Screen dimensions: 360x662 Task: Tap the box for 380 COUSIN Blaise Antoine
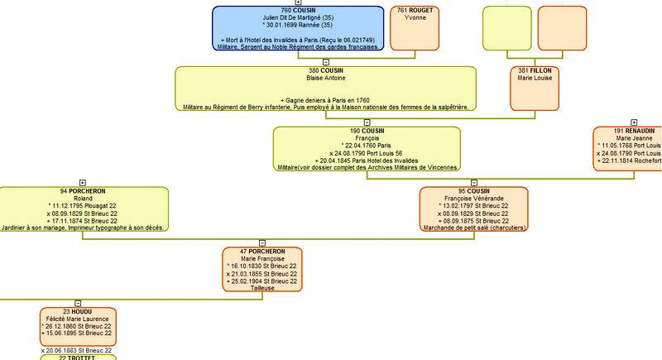pos(325,89)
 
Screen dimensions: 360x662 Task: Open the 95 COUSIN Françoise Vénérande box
pos(473,209)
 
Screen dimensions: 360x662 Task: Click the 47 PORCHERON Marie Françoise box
pos(262,268)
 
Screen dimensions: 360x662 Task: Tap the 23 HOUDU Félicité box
pos(78,328)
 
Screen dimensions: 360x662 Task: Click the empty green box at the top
pos(506,27)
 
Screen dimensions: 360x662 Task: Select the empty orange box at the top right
pos(562,27)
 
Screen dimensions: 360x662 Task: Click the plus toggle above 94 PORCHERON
pos(82,182)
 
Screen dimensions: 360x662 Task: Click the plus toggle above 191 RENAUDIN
pos(634,122)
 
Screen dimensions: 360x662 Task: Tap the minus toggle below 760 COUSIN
pos(325,62)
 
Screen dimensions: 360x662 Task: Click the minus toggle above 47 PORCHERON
pos(262,242)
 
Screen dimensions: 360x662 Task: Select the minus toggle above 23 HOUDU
pos(78,302)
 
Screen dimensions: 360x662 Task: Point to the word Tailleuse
pos(262,288)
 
